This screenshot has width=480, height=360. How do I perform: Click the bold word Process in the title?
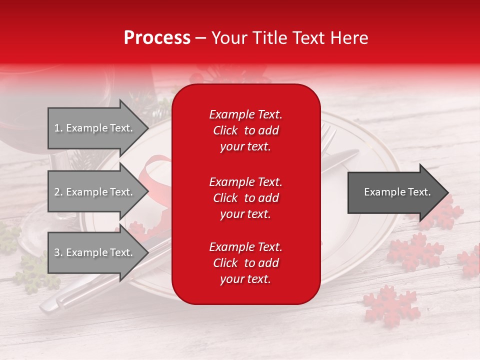157,38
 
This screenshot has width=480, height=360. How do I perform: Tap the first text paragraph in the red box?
245,130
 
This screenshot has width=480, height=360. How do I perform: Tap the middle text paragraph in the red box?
245,198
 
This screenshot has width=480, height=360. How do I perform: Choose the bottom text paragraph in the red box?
245,263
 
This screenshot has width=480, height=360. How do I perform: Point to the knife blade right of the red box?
340,160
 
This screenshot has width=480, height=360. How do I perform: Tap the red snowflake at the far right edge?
470,262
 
